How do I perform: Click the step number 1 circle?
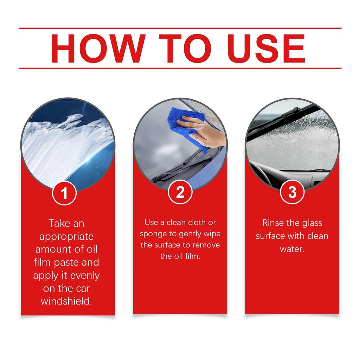click(64, 193)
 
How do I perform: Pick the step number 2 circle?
click(180, 192)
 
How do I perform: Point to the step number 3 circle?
click(292, 192)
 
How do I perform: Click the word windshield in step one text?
click(66, 302)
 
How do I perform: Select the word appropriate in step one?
click(66, 236)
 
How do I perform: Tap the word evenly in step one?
click(85, 275)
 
